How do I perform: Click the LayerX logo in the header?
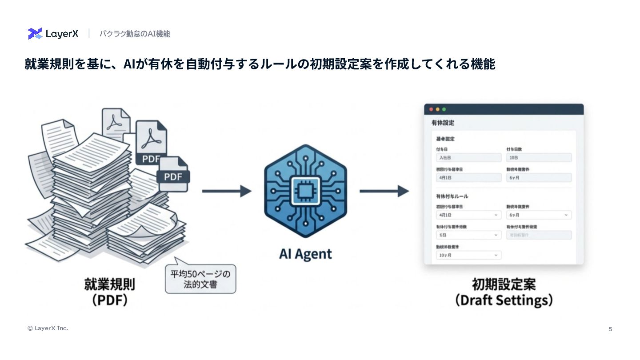[x=53, y=34]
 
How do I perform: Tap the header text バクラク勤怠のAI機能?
[x=134, y=34]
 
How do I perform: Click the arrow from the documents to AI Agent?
[x=227, y=191]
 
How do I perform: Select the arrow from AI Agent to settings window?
[x=384, y=191]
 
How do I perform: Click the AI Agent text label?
[x=305, y=254]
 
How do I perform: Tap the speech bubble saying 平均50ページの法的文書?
[x=200, y=279]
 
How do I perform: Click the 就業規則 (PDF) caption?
[x=110, y=292]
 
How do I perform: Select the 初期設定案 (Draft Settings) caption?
[x=504, y=292]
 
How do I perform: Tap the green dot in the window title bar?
[x=444, y=109]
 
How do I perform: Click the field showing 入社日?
[x=468, y=158]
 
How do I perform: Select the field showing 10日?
[x=539, y=158]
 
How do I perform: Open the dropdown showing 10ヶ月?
[x=468, y=255]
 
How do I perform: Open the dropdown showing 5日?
[x=468, y=235]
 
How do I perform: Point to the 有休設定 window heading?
[x=443, y=123]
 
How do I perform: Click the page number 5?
[x=610, y=329]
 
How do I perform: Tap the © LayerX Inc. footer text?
[x=48, y=328]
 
